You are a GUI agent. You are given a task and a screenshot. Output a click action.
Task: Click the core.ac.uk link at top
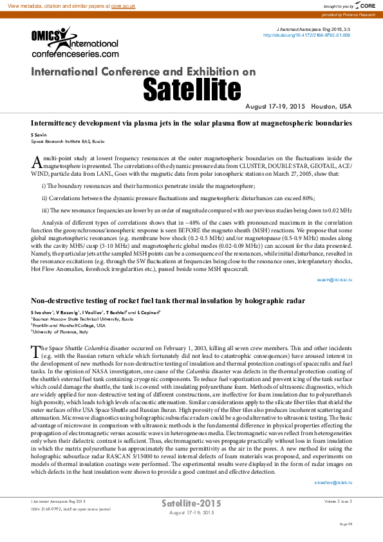pos(124,5)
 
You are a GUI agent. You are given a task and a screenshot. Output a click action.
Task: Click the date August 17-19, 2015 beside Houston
pos(276,106)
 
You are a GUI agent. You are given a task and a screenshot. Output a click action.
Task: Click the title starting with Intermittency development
pos(191,122)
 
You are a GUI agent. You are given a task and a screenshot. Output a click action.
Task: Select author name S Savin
pos(39,135)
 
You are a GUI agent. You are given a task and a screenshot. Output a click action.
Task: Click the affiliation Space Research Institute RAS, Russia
pos(67,140)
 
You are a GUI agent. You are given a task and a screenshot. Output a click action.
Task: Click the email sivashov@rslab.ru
pos(333,482)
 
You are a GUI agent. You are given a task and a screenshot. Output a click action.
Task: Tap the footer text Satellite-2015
pos(191,503)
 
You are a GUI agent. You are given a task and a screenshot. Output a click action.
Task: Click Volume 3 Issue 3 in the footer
pos(338,500)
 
